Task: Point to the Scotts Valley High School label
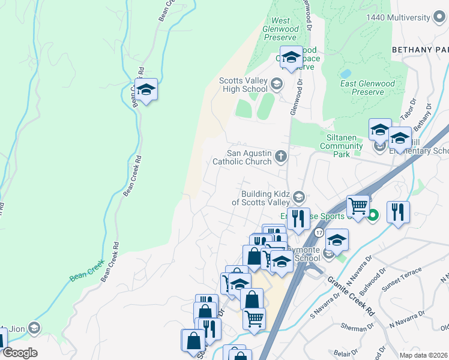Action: pos(243,85)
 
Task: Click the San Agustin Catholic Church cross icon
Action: pos(281,157)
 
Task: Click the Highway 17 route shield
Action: pos(319,232)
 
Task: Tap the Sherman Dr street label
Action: pos(352,328)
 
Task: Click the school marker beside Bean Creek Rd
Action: pos(145,91)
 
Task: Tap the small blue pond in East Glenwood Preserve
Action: pos(345,73)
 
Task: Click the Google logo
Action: pos(20,353)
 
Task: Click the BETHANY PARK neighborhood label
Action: pos(420,49)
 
